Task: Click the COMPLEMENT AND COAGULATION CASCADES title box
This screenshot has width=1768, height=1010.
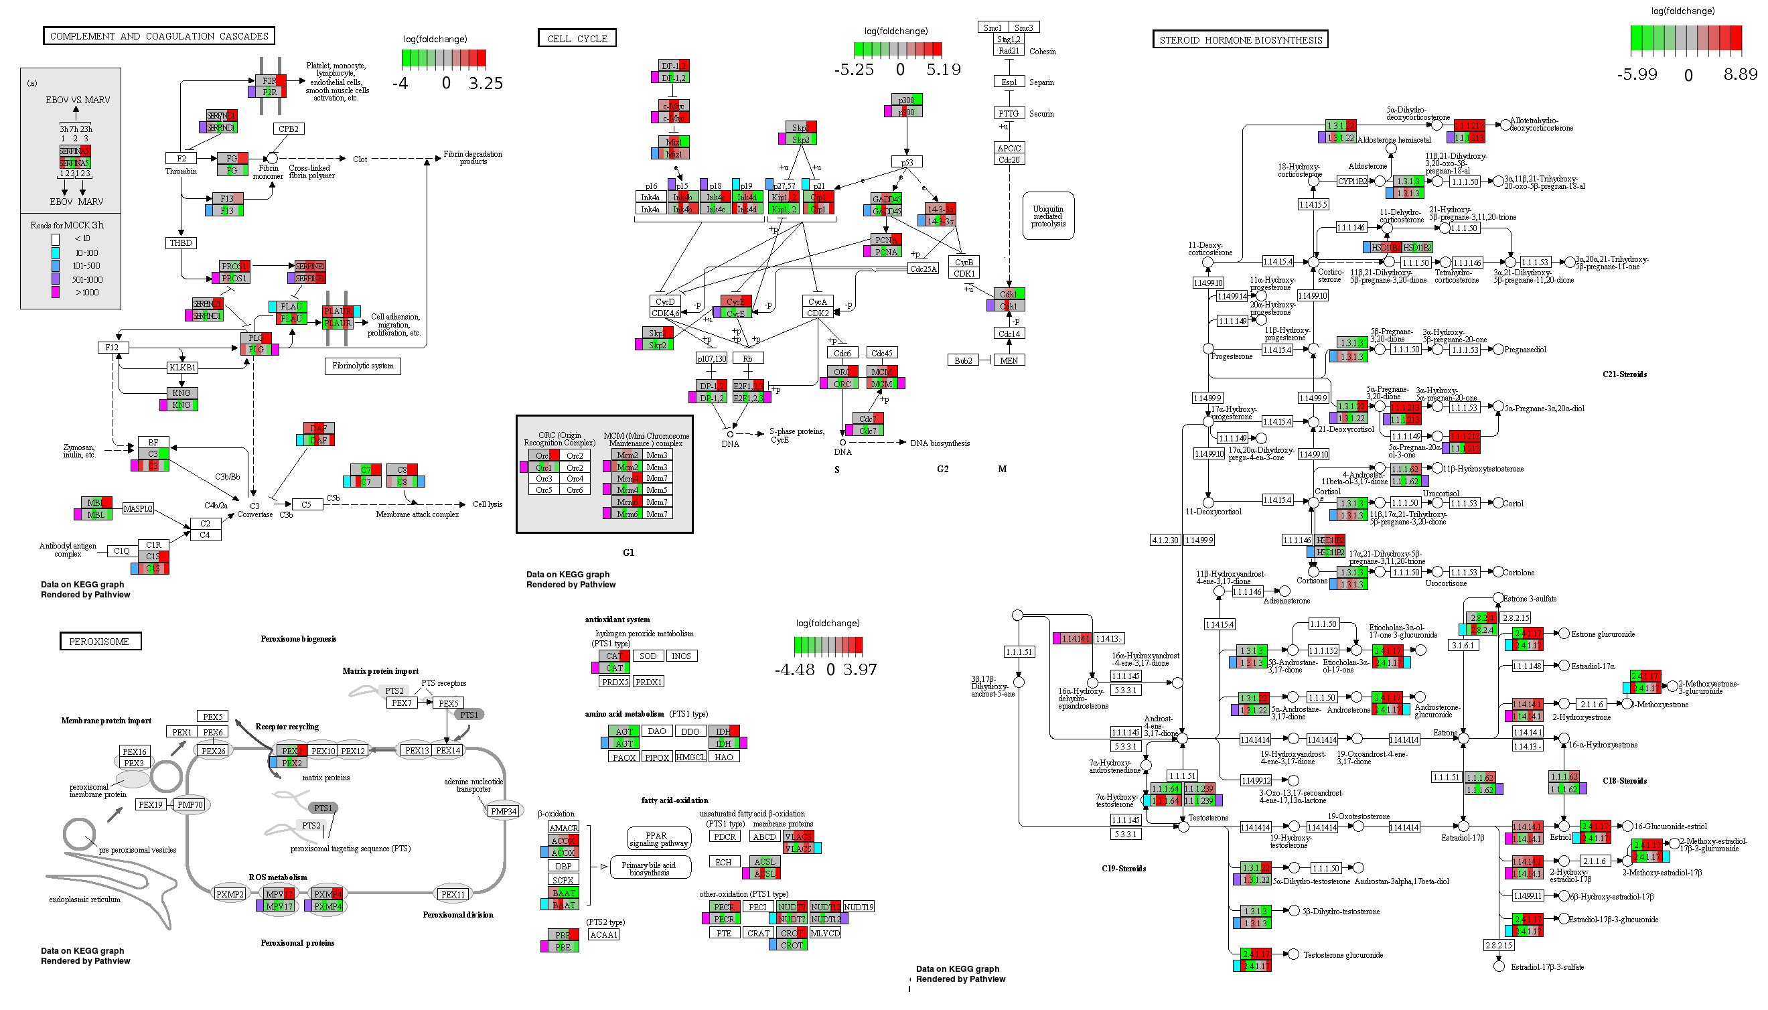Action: pyautogui.click(x=159, y=36)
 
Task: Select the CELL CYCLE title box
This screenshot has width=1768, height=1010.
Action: pyautogui.click(x=577, y=39)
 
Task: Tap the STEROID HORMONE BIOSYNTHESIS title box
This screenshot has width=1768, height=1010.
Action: pyautogui.click(x=1240, y=40)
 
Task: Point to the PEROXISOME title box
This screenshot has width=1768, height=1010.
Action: pyautogui.click(x=100, y=642)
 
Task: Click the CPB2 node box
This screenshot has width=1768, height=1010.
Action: pyautogui.click(x=288, y=129)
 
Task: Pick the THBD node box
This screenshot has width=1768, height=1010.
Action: pyautogui.click(x=180, y=242)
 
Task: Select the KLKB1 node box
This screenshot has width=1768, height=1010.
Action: pyautogui.click(x=181, y=367)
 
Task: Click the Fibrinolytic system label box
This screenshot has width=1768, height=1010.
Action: pyautogui.click(x=362, y=366)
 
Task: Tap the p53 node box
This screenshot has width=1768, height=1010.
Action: pyautogui.click(x=907, y=162)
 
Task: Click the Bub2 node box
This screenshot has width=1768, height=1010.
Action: pyautogui.click(x=963, y=361)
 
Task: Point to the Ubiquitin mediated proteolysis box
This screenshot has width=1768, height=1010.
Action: pyautogui.click(x=1047, y=216)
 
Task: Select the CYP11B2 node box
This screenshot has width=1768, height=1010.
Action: pyautogui.click(x=1352, y=181)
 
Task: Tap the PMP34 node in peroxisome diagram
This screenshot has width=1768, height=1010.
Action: pyautogui.click(x=504, y=811)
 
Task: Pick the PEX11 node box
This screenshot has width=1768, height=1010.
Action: pyautogui.click(x=452, y=894)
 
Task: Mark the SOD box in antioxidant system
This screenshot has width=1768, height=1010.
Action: pyautogui.click(x=648, y=656)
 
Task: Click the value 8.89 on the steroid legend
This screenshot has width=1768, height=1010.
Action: pyautogui.click(x=1741, y=74)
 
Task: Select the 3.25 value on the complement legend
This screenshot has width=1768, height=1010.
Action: pyautogui.click(x=485, y=83)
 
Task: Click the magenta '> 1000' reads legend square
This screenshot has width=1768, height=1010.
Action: pyautogui.click(x=56, y=293)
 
